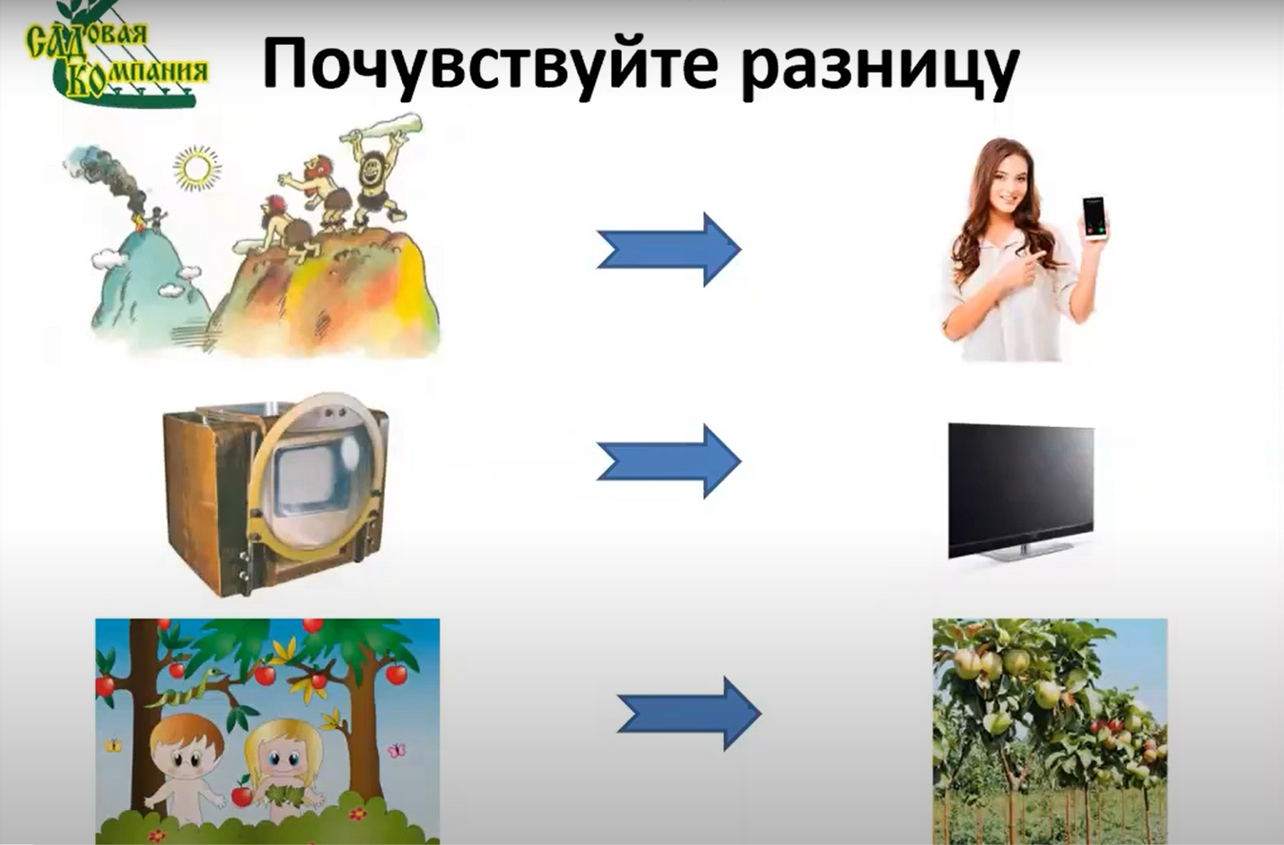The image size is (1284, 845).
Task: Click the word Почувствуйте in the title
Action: pos(490,65)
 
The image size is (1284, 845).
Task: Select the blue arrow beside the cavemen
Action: pos(669,249)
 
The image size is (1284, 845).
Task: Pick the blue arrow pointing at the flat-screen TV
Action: pos(669,461)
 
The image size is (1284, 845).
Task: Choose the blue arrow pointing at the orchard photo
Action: pos(689,713)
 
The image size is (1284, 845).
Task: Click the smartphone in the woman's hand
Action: pos(1094,220)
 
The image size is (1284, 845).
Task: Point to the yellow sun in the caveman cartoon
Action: pos(197,168)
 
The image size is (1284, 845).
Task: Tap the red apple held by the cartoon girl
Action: pos(240,794)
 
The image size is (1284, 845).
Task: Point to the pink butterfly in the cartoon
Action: pos(396,750)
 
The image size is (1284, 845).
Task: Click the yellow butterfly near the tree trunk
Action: pos(113,745)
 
